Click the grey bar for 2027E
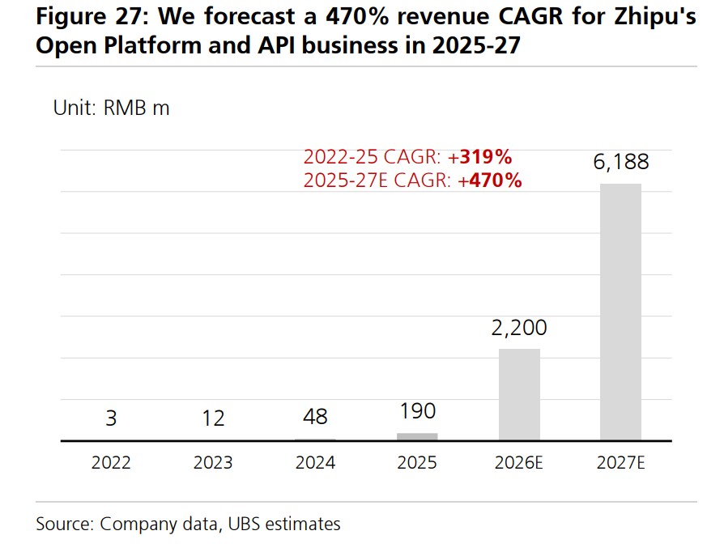pyautogui.click(x=620, y=312)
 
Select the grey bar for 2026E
pyautogui.click(x=519, y=394)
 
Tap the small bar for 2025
pyautogui.click(x=417, y=436)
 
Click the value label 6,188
pyautogui.click(x=620, y=162)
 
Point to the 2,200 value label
pyautogui.click(x=519, y=328)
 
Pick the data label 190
pyautogui.click(x=417, y=412)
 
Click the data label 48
pyautogui.click(x=315, y=416)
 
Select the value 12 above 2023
pyautogui.click(x=213, y=418)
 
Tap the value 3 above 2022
pyautogui.click(x=111, y=418)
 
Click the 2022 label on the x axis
pyautogui.click(x=111, y=463)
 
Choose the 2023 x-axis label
pyautogui.click(x=213, y=463)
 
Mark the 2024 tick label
pyautogui.click(x=315, y=463)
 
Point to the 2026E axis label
pyautogui.click(x=519, y=463)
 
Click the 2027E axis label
pyautogui.click(x=620, y=463)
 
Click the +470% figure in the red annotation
pyautogui.click(x=490, y=180)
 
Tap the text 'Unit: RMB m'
pyautogui.click(x=111, y=108)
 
